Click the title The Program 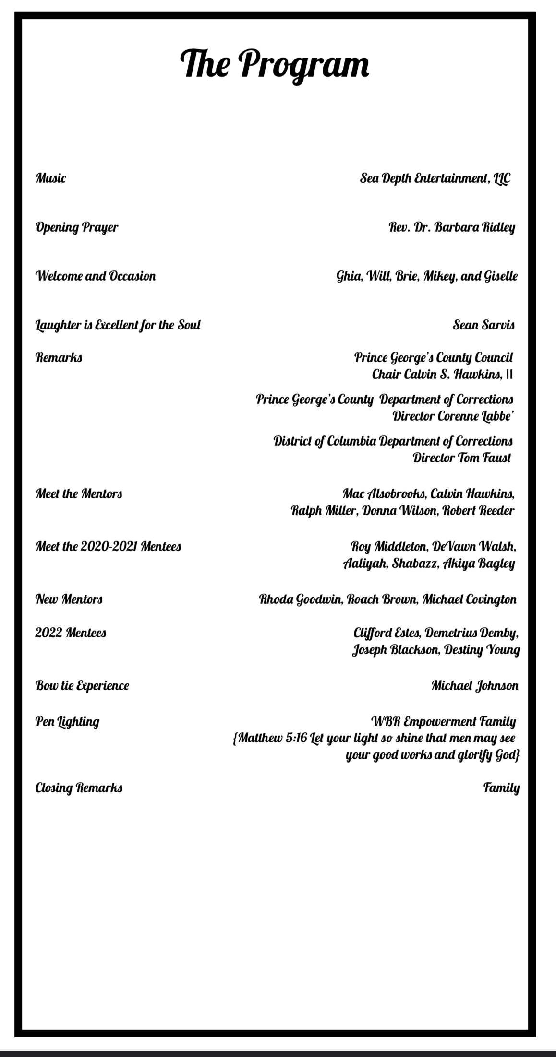275,64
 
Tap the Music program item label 51,178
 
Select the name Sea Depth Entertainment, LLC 435,179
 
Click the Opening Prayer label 77,227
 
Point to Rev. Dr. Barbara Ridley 452,227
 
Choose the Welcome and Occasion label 96,276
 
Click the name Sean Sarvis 483,325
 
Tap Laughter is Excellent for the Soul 118,325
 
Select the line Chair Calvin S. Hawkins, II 442,374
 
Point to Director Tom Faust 462,458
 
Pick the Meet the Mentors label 79,493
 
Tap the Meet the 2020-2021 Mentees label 108,546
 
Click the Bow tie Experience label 82,685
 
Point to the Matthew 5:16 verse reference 272,738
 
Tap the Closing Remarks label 79,788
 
